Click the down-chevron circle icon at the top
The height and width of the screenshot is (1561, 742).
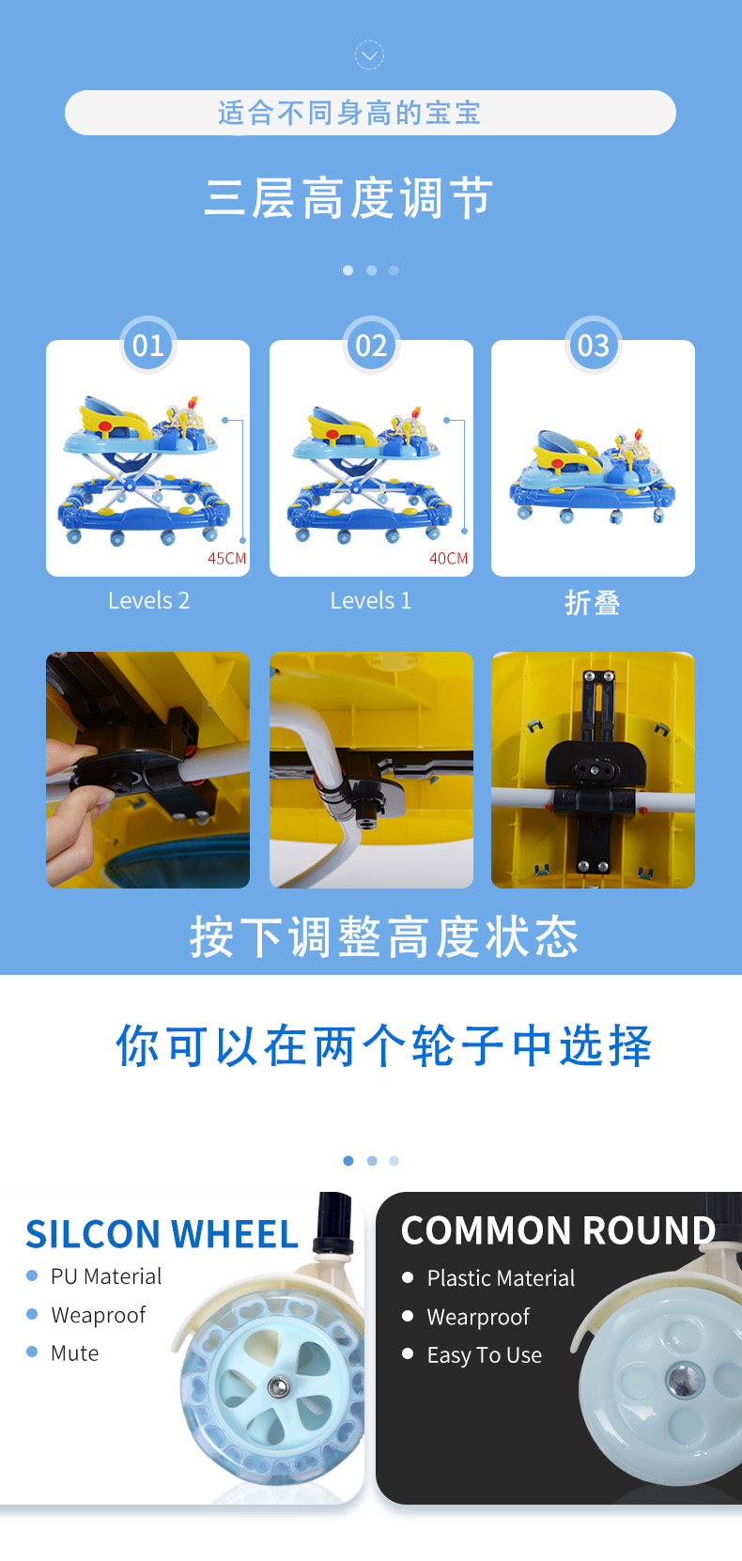click(369, 55)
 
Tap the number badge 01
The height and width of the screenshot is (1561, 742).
click(147, 345)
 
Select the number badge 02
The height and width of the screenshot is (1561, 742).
click(371, 345)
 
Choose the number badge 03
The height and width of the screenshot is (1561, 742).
click(593, 345)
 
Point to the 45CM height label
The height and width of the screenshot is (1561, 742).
click(227, 558)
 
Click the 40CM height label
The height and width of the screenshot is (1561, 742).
click(449, 558)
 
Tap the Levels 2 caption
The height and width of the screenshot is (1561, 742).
click(148, 600)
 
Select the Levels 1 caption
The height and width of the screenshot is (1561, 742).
click(371, 600)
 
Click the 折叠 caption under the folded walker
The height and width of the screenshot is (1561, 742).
click(593, 602)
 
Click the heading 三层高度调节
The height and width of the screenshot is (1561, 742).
click(349, 198)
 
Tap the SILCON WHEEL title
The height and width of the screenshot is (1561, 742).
click(162, 1234)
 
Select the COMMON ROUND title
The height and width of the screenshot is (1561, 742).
click(558, 1230)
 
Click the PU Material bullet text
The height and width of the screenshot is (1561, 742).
click(106, 1276)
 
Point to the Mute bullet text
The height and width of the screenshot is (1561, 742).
click(74, 1352)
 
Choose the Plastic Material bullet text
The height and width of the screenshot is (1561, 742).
click(501, 1278)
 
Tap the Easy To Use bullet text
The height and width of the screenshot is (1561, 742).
click(485, 1354)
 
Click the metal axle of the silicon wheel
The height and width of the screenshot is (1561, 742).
click(279, 1387)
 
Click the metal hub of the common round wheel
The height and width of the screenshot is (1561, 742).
click(686, 1380)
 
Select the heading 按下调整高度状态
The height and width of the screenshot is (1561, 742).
click(384, 937)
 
